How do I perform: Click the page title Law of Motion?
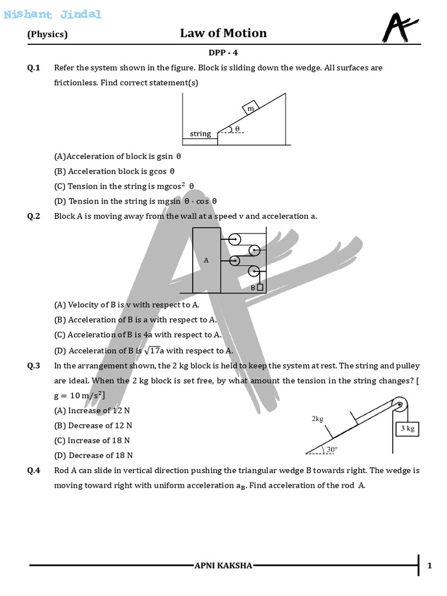pos(223,33)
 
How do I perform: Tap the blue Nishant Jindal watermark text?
pos(52,15)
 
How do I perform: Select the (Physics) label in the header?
pos(48,34)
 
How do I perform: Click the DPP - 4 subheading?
pos(223,52)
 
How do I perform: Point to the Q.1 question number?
pos(34,68)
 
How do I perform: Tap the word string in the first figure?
pos(200,134)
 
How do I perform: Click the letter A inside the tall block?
pos(206,261)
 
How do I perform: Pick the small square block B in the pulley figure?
pos(260,287)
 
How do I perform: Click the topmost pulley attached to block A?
pos(234,239)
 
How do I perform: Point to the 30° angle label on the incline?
pos(331,449)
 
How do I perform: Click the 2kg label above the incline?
pos(318,418)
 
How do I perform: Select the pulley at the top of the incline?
pos(399,406)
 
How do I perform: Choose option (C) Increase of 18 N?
pos(92,441)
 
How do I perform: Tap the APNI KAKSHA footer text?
pos(223,566)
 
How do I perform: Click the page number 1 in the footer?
pos(430,566)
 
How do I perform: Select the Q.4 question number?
pos(34,470)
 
